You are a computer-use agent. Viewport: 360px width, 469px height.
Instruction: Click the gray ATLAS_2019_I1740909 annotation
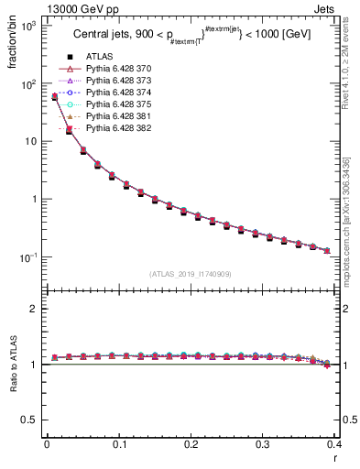click(x=190, y=275)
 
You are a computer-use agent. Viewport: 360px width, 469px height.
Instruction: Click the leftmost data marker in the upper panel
click(x=54, y=96)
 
